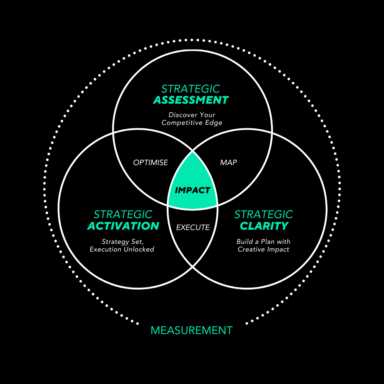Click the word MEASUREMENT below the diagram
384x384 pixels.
pyautogui.click(x=192, y=330)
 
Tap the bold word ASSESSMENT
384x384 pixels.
pyautogui.click(x=191, y=100)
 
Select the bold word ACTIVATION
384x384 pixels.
pyautogui.click(x=123, y=226)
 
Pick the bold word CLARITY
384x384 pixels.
pyautogui.click(x=264, y=226)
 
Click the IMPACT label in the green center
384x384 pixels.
pyautogui.click(x=192, y=190)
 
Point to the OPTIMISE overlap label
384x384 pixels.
pyautogui.click(x=151, y=163)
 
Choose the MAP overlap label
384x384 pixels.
pyautogui.click(x=228, y=163)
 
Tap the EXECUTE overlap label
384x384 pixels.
pyautogui.click(x=193, y=228)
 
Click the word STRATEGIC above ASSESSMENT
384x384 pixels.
pyautogui.click(x=191, y=89)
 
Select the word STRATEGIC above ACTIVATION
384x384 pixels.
pyautogui.click(x=123, y=214)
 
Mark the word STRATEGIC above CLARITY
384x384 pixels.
pyautogui.click(x=264, y=214)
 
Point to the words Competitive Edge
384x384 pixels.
pyautogui.click(x=192, y=123)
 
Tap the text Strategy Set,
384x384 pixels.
pyautogui.click(x=122, y=242)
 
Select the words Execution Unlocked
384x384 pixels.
pyautogui.click(x=122, y=250)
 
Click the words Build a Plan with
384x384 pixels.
pyautogui.click(x=263, y=242)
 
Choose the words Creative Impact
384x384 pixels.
pyautogui.click(x=263, y=250)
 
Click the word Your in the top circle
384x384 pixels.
pyautogui.click(x=208, y=115)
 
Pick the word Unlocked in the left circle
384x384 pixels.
pyautogui.click(x=138, y=250)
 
